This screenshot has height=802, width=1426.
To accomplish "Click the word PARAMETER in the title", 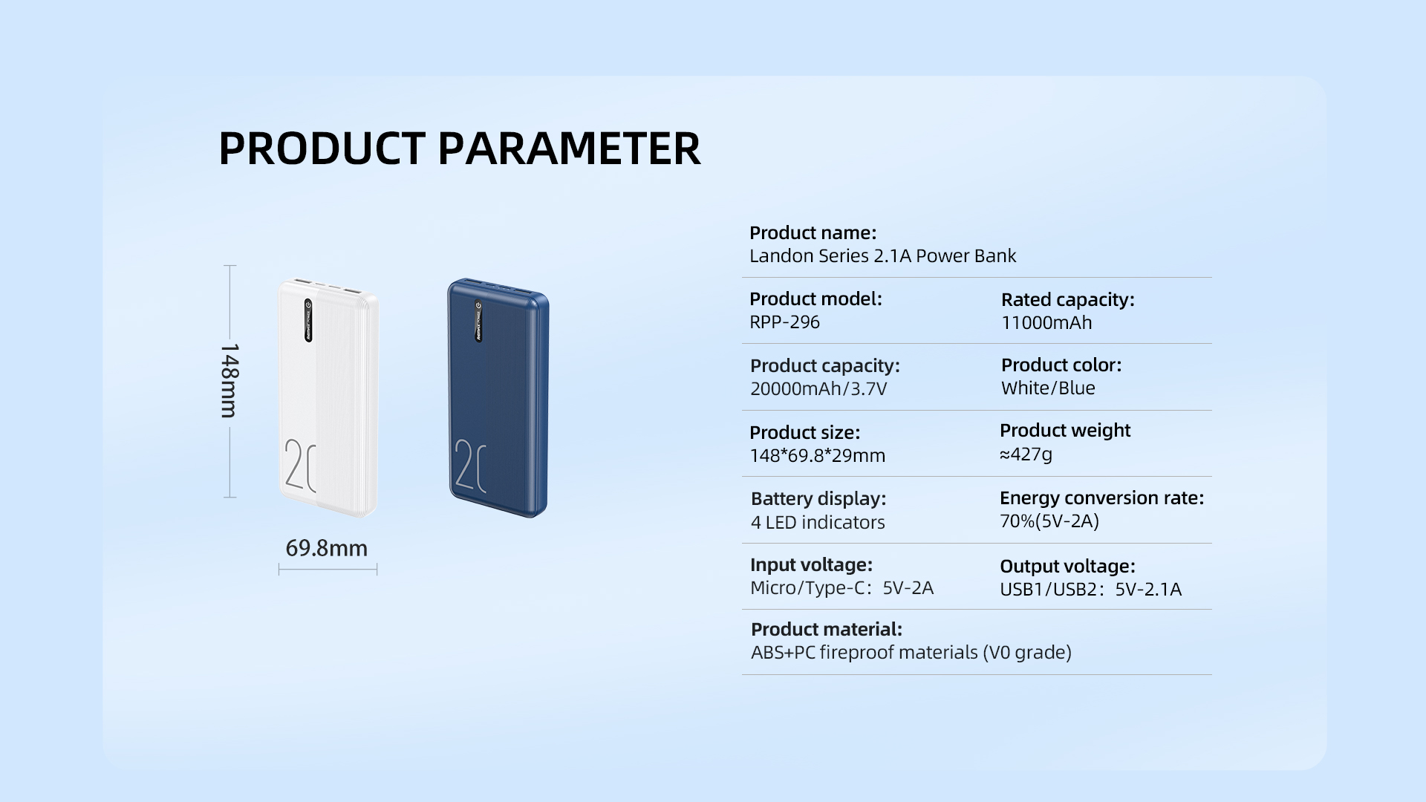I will click(568, 149).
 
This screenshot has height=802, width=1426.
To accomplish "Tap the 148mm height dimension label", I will click(229, 380).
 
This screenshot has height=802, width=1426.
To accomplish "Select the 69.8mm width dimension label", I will click(327, 548).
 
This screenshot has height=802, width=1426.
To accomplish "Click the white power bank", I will click(328, 397).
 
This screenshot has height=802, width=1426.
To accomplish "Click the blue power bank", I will click(498, 397).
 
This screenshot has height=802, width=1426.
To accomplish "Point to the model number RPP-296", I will click(784, 322).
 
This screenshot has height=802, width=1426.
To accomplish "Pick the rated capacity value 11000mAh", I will click(1046, 323).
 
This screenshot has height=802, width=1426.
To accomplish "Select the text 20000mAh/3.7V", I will click(818, 389).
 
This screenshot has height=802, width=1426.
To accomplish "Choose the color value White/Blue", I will click(1047, 388).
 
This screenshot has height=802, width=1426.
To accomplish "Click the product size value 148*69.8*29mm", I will click(817, 456).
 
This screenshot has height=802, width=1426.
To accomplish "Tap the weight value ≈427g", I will click(1026, 454).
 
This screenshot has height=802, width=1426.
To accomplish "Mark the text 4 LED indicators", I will click(817, 523).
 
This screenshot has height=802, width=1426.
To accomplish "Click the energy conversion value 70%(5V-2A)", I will click(1049, 521).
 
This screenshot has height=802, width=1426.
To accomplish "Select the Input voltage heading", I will click(811, 565).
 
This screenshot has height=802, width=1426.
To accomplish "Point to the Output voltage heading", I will click(1067, 567).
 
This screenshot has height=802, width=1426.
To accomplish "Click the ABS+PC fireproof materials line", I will click(911, 653).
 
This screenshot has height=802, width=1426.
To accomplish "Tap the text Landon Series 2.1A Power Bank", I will click(882, 256).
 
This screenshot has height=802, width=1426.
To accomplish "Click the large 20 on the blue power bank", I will click(470, 466).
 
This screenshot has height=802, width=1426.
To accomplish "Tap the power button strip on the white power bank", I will click(308, 321).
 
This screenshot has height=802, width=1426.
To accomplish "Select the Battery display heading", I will click(818, 499).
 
